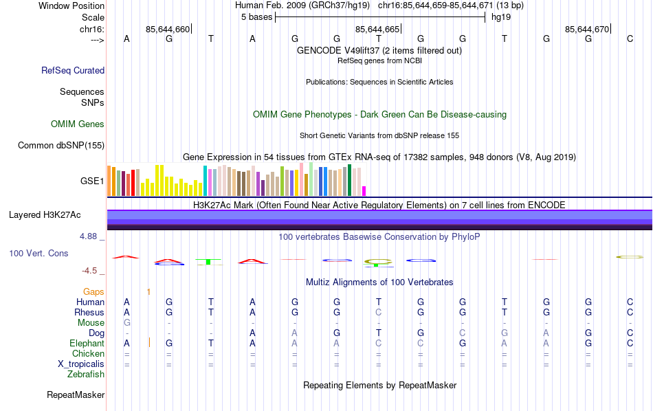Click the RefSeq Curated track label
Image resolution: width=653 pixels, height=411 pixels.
pos(73,70)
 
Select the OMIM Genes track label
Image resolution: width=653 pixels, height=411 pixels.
pos(78,124)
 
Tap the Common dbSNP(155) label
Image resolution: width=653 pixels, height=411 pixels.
pos(61,145)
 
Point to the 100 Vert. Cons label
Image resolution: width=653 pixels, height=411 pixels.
pos(38,254)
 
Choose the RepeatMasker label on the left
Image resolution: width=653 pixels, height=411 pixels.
pos(76,395)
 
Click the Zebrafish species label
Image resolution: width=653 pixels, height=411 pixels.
pos(86,375)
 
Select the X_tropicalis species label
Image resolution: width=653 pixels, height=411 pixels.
pos(78,364)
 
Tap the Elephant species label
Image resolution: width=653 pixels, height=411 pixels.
pos(87,344)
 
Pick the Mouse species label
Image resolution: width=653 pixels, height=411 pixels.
pos(91,323)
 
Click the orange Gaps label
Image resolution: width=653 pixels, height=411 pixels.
pos(93,292)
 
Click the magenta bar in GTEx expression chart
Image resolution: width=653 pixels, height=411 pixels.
pos(364,190)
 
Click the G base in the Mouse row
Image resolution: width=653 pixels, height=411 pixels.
pos(126,323)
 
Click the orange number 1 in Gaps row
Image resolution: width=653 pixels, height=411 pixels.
pos(148,292)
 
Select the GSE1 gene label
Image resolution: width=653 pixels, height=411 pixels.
pos(92,181)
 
